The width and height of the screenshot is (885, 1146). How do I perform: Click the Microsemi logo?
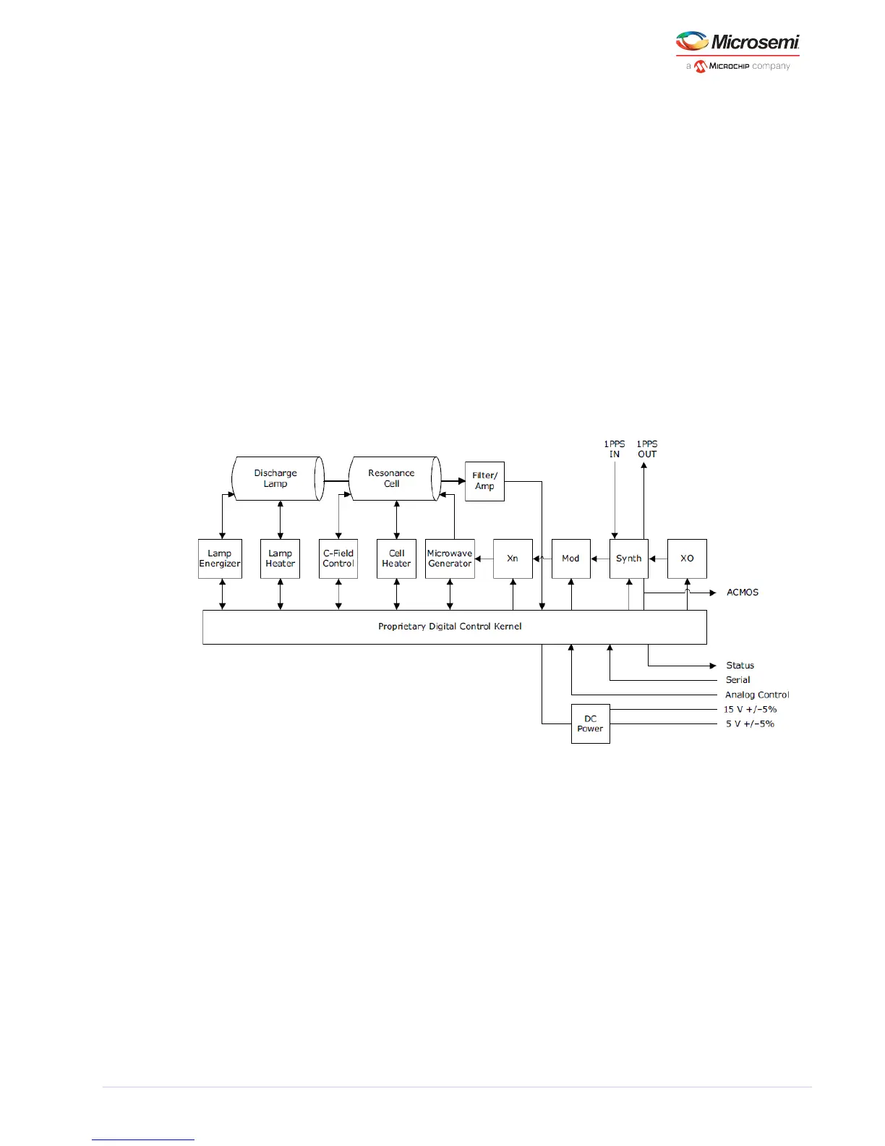tap(737, 51)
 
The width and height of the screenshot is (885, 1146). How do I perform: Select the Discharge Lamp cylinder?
tap(277, 478)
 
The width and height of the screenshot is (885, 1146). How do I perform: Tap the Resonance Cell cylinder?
tap(393, 478)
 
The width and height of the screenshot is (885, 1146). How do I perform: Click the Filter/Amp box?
tap(484, 481)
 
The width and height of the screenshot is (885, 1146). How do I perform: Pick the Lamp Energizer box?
tap(220, 559)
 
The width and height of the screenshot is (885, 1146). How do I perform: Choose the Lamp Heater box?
tap(280, 559)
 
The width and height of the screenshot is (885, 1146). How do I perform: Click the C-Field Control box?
tap(338, 559)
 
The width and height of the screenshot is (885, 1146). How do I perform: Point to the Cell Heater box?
tap(396, 559)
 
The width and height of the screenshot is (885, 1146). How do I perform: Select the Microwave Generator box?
tap(450, 559)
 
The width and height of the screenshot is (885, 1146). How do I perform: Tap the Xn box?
tap(513, 559)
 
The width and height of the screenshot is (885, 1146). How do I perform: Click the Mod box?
tap(570, 559)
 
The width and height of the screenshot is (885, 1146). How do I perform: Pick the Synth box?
tap(628, 559)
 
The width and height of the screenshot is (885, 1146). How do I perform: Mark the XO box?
tap(687, 559)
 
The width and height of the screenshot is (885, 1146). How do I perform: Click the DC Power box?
tap(590, 723)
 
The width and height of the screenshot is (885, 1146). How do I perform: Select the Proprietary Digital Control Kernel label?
tap(450, 627)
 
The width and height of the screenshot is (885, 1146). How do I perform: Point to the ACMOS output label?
tap(743, 593)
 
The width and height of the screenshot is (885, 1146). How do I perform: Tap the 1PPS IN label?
tap(615, 449)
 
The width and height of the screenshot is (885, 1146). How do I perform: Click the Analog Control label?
tap(757, 695)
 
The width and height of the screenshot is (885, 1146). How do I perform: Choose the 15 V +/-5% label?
tap(750, 710)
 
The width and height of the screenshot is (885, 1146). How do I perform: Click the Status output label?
tap(740, 666)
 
